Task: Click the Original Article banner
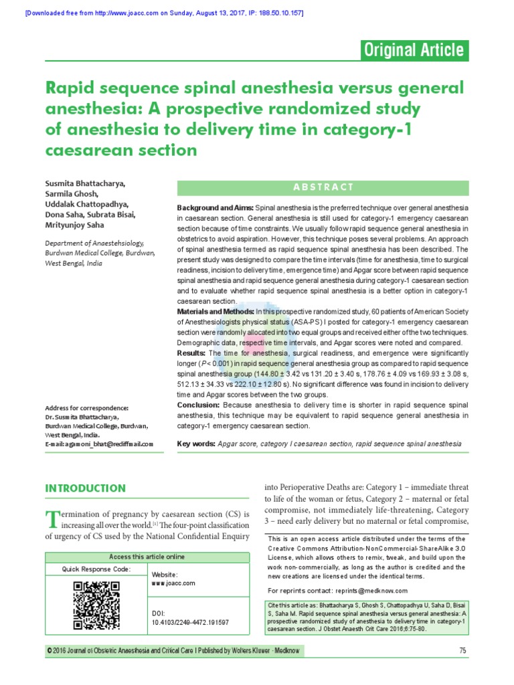tap(414, 50)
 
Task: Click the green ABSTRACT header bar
tap(323, 187)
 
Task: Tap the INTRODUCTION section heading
tap(86, 488)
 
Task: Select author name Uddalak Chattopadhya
tap(87, 204)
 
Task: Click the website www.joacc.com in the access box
tap(173, 583)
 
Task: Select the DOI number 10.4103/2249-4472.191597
tap(190, 621)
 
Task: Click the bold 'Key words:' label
tap(195, 444)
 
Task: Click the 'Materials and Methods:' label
tap(215, 312)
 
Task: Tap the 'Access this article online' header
tap(147, 557)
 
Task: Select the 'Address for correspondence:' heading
tap(86, 408)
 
